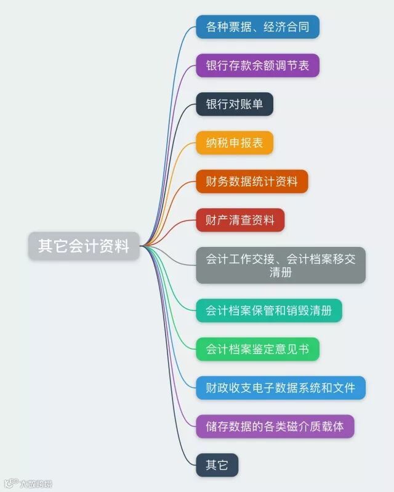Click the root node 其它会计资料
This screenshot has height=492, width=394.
pos(84,246)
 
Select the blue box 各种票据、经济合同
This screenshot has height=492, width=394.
pos(257,27)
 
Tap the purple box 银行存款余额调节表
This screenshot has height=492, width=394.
pos(257,65)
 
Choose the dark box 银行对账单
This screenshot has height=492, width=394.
pos(234,104)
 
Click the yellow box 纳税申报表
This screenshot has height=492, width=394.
pos(234,143)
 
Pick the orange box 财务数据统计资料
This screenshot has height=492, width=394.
pos(252,181)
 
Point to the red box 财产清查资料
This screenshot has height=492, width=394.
pos(240,220)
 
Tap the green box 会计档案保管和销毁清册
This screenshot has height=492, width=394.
pos(268,310)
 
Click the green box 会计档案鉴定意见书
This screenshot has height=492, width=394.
pos(257,349)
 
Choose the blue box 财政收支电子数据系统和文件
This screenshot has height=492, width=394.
pos(281,388)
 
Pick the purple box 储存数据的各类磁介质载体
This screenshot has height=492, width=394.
pos(275,426)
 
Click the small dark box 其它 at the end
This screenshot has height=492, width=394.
pos(217,465)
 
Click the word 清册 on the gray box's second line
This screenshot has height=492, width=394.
pos(281,273)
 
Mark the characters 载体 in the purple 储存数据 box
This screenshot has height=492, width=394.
pos(333,426)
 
